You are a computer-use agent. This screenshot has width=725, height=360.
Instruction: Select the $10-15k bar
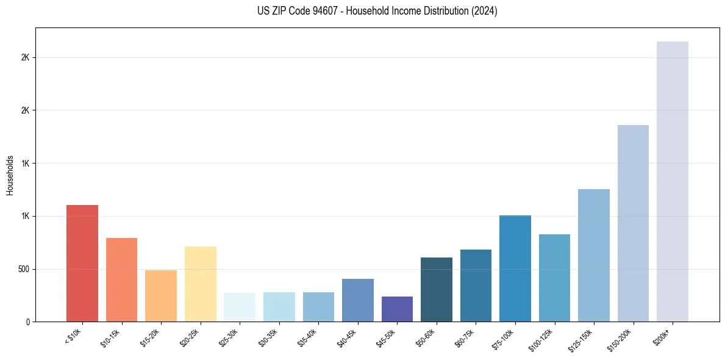pos(121,280)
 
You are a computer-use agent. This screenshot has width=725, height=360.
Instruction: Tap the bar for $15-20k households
pos(161,296)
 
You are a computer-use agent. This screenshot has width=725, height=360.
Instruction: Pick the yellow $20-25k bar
pos(201,284)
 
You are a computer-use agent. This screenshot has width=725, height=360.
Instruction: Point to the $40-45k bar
pos(358,300)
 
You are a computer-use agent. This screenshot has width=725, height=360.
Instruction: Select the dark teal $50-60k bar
pos(437,290)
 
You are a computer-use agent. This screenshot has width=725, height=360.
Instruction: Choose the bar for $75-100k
pos(515,268)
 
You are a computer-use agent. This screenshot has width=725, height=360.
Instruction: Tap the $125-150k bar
pos(594,256)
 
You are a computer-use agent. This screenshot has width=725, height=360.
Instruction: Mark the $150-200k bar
pos(633,223)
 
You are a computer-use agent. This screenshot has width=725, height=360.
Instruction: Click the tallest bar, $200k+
pos(673,182)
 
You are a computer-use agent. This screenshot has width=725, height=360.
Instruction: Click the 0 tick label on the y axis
pos(29,322)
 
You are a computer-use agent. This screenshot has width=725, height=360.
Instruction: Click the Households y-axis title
pos(10,175)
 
